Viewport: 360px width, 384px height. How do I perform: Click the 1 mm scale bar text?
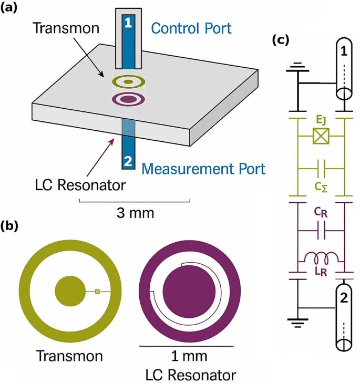[190, 357]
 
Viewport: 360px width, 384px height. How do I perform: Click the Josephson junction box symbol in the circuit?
[320, 137]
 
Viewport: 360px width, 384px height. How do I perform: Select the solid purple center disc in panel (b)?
[188, 290]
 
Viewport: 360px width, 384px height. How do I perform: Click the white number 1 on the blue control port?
[128, 23]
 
